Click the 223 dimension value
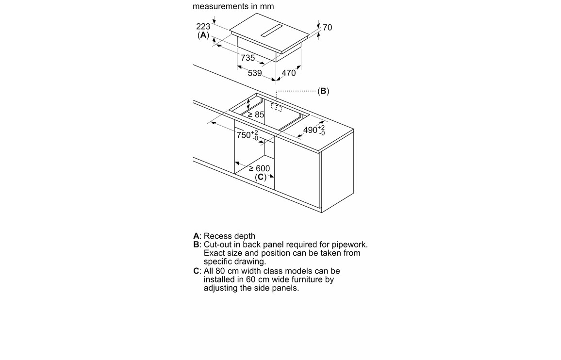pyautogui.click(x=203, y=26)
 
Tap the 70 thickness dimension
pyautogui.click(x=328, y=28)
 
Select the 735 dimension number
pyautogui.click(x=247, y=58)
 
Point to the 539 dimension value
pyautogui.click(x=255, y=73)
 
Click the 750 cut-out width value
pyautogui.click(x=244, y=135)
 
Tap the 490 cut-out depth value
pyautogui.click(x=310, y=130)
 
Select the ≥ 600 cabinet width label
pyautogui.click(x=260, y=168)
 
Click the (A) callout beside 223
pyautogui.click(x=203, y=35)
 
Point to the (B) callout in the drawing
pyautogui.click(x=323, y=91)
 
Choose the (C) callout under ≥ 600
pyautogui.click(x=261, y=177)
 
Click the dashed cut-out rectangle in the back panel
pyautogui.click(x=276, y=107)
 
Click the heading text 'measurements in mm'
pyautogui.click(x=233, y=6)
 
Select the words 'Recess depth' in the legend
pyautogui.click(x=230, y=236)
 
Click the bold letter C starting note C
pyautogui.click(x=196, y=271)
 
